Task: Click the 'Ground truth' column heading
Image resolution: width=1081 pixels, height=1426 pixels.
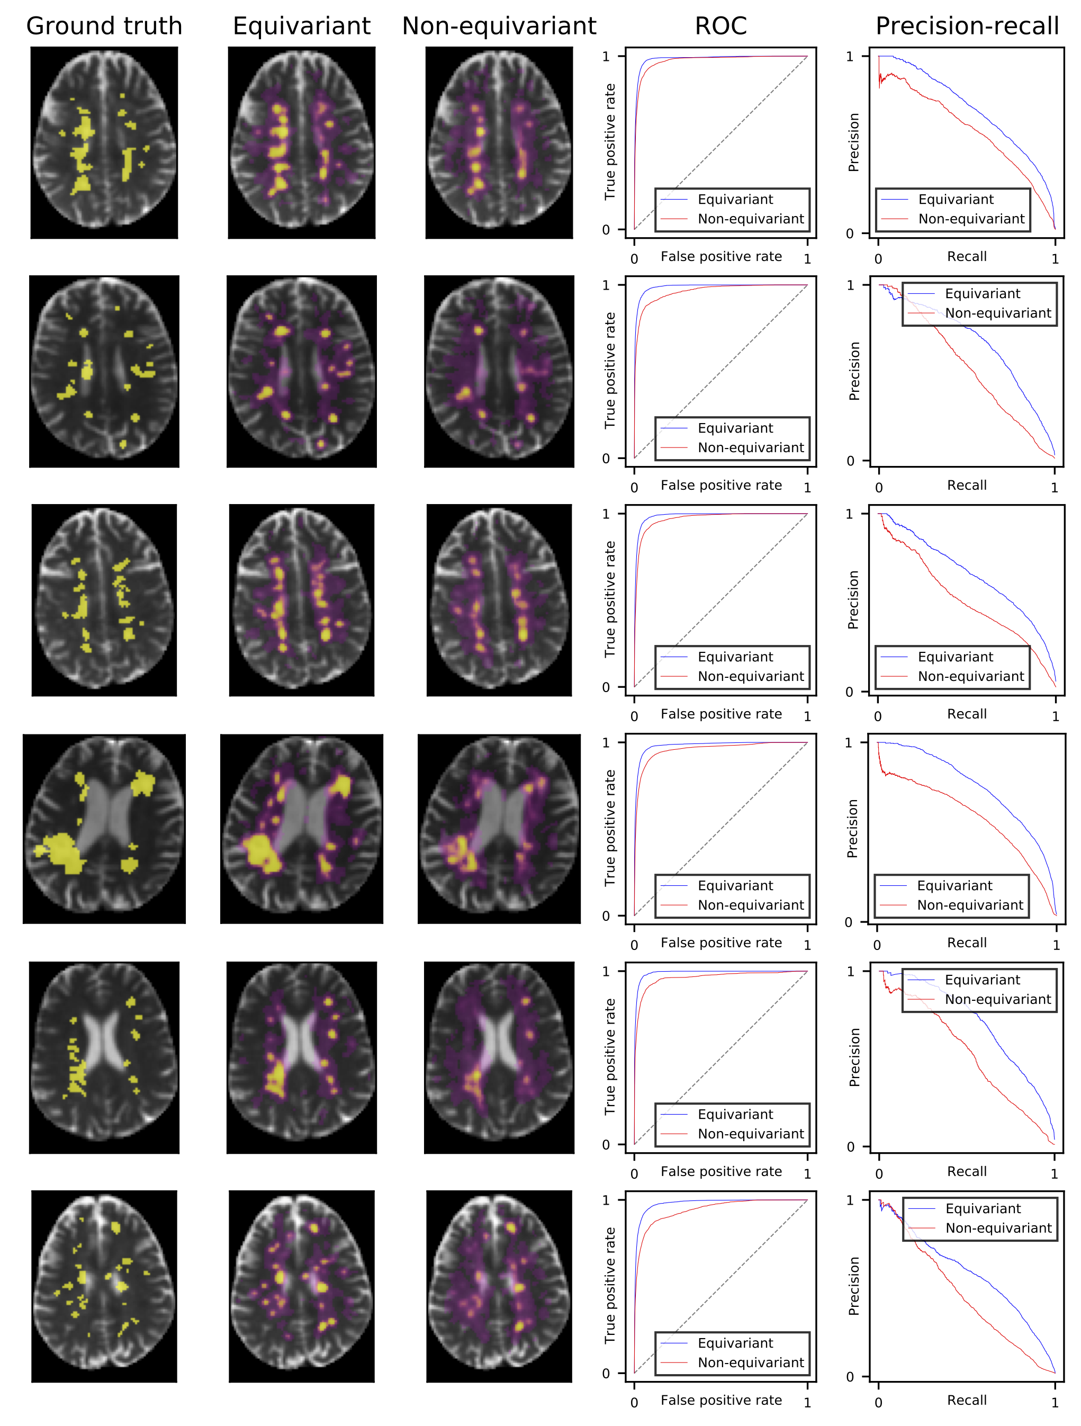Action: coord(104,26)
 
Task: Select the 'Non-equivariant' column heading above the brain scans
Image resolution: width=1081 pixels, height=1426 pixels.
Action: coord(499,26)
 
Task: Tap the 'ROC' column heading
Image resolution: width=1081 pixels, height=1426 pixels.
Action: coord(720,26)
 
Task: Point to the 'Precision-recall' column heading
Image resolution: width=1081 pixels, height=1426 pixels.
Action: coord(966,26)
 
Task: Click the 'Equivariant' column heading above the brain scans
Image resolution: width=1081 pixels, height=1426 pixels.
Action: coord(301,26)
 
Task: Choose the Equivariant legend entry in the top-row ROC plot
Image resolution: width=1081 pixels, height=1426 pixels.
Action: coord(735,199)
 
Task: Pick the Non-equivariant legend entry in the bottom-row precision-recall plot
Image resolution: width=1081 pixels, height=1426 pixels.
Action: coord(998,1227)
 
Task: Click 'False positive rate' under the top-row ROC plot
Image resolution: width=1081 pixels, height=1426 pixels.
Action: coord(720,257)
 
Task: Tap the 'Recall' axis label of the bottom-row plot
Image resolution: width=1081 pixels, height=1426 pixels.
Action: coord(966,1400)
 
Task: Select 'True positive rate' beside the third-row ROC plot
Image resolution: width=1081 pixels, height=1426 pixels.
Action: coord(610,599)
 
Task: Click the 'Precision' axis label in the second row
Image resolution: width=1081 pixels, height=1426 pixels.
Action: coord(854,371)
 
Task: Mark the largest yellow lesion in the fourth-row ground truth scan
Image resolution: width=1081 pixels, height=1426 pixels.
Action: coord(62,851)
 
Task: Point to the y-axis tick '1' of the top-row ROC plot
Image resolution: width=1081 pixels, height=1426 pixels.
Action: coord(606,57)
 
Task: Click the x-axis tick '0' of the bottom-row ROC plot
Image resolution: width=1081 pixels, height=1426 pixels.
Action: coord(634,1402)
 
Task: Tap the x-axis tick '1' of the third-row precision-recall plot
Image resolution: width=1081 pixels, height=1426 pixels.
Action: coord(1055,716)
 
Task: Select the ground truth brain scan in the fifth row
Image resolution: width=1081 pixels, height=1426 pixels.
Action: coord(104,1057)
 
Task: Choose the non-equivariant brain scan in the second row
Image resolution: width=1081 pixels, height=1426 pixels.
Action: coord(499,371)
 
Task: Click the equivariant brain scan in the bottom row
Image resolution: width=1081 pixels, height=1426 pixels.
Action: coord(301,1286)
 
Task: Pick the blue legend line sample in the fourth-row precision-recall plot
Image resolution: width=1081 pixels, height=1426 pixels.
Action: coord(893,886)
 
